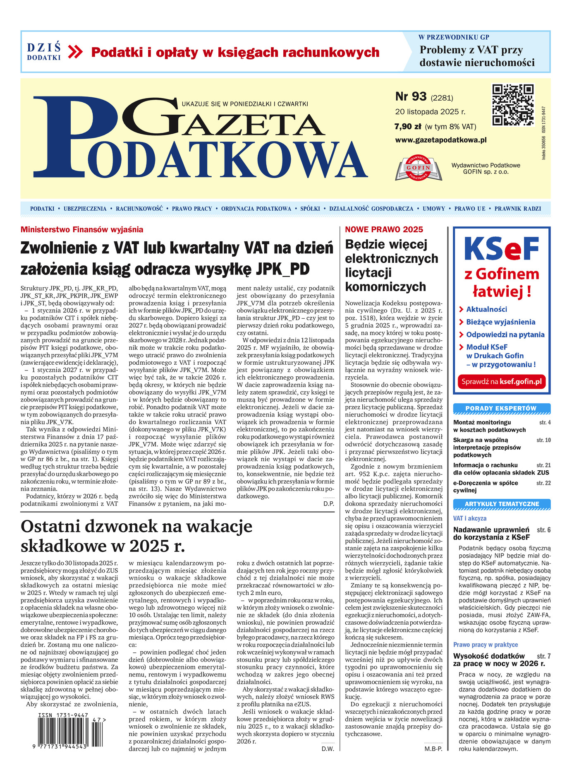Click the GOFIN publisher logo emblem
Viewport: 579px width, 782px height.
point(419,168)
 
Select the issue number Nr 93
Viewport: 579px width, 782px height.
point(411,96)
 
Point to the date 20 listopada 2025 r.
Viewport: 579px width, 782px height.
point(430,112)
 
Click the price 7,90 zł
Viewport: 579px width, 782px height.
point(407,127)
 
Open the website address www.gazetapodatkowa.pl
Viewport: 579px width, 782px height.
point(440,140)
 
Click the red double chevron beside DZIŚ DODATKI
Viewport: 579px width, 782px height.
point(75,52)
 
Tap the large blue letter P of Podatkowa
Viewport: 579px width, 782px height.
point(66,137)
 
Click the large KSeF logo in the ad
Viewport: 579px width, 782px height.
point(502,249)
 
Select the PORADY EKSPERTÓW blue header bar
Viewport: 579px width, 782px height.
point(501,409)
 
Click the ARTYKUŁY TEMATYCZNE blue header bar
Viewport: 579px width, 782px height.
point(501,504)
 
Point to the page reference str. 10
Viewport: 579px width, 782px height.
point(543,440)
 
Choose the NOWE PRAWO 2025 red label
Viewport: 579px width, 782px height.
point(384,230)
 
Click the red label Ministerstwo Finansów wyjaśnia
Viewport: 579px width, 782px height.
point(82,230)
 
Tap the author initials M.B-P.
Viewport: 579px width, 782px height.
point(433,749)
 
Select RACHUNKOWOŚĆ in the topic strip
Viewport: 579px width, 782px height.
point(139,209)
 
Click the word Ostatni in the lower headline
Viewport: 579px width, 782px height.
point(53,527)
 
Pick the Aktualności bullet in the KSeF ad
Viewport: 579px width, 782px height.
point(486,309)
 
